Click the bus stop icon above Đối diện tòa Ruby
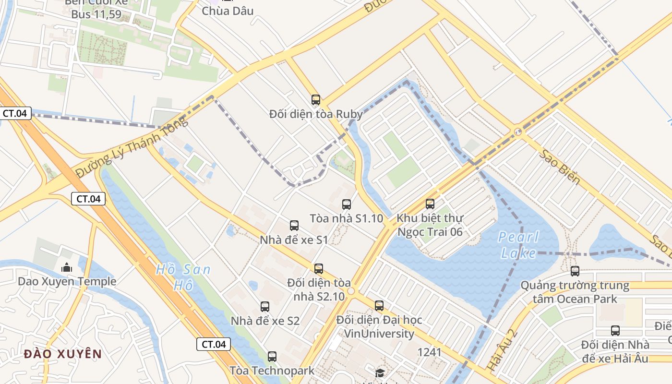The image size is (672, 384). (315, 100)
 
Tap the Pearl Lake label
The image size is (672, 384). (518, 244)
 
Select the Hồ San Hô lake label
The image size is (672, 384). (183, 277)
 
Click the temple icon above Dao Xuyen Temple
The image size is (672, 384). (66, 267)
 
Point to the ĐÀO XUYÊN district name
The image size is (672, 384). (63, 354)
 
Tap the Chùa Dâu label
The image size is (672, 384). (228, 11)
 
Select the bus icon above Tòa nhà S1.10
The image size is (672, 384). (346, 204)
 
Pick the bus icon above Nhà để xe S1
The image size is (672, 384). (294, 225)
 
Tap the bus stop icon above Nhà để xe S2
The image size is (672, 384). (264, 306)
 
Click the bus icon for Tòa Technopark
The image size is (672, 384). (272, 356)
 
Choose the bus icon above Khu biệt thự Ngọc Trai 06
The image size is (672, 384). (430, 204)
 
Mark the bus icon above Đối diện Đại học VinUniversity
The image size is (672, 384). (379, 305)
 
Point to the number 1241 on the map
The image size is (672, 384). (429, 352)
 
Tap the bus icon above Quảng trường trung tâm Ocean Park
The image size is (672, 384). (575, 271)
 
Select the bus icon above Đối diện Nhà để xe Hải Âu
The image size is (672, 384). (615, 330)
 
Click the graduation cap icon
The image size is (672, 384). (380, 373)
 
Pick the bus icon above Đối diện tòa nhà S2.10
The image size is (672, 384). (318, 268)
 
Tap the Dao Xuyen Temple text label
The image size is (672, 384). (67, 281)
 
